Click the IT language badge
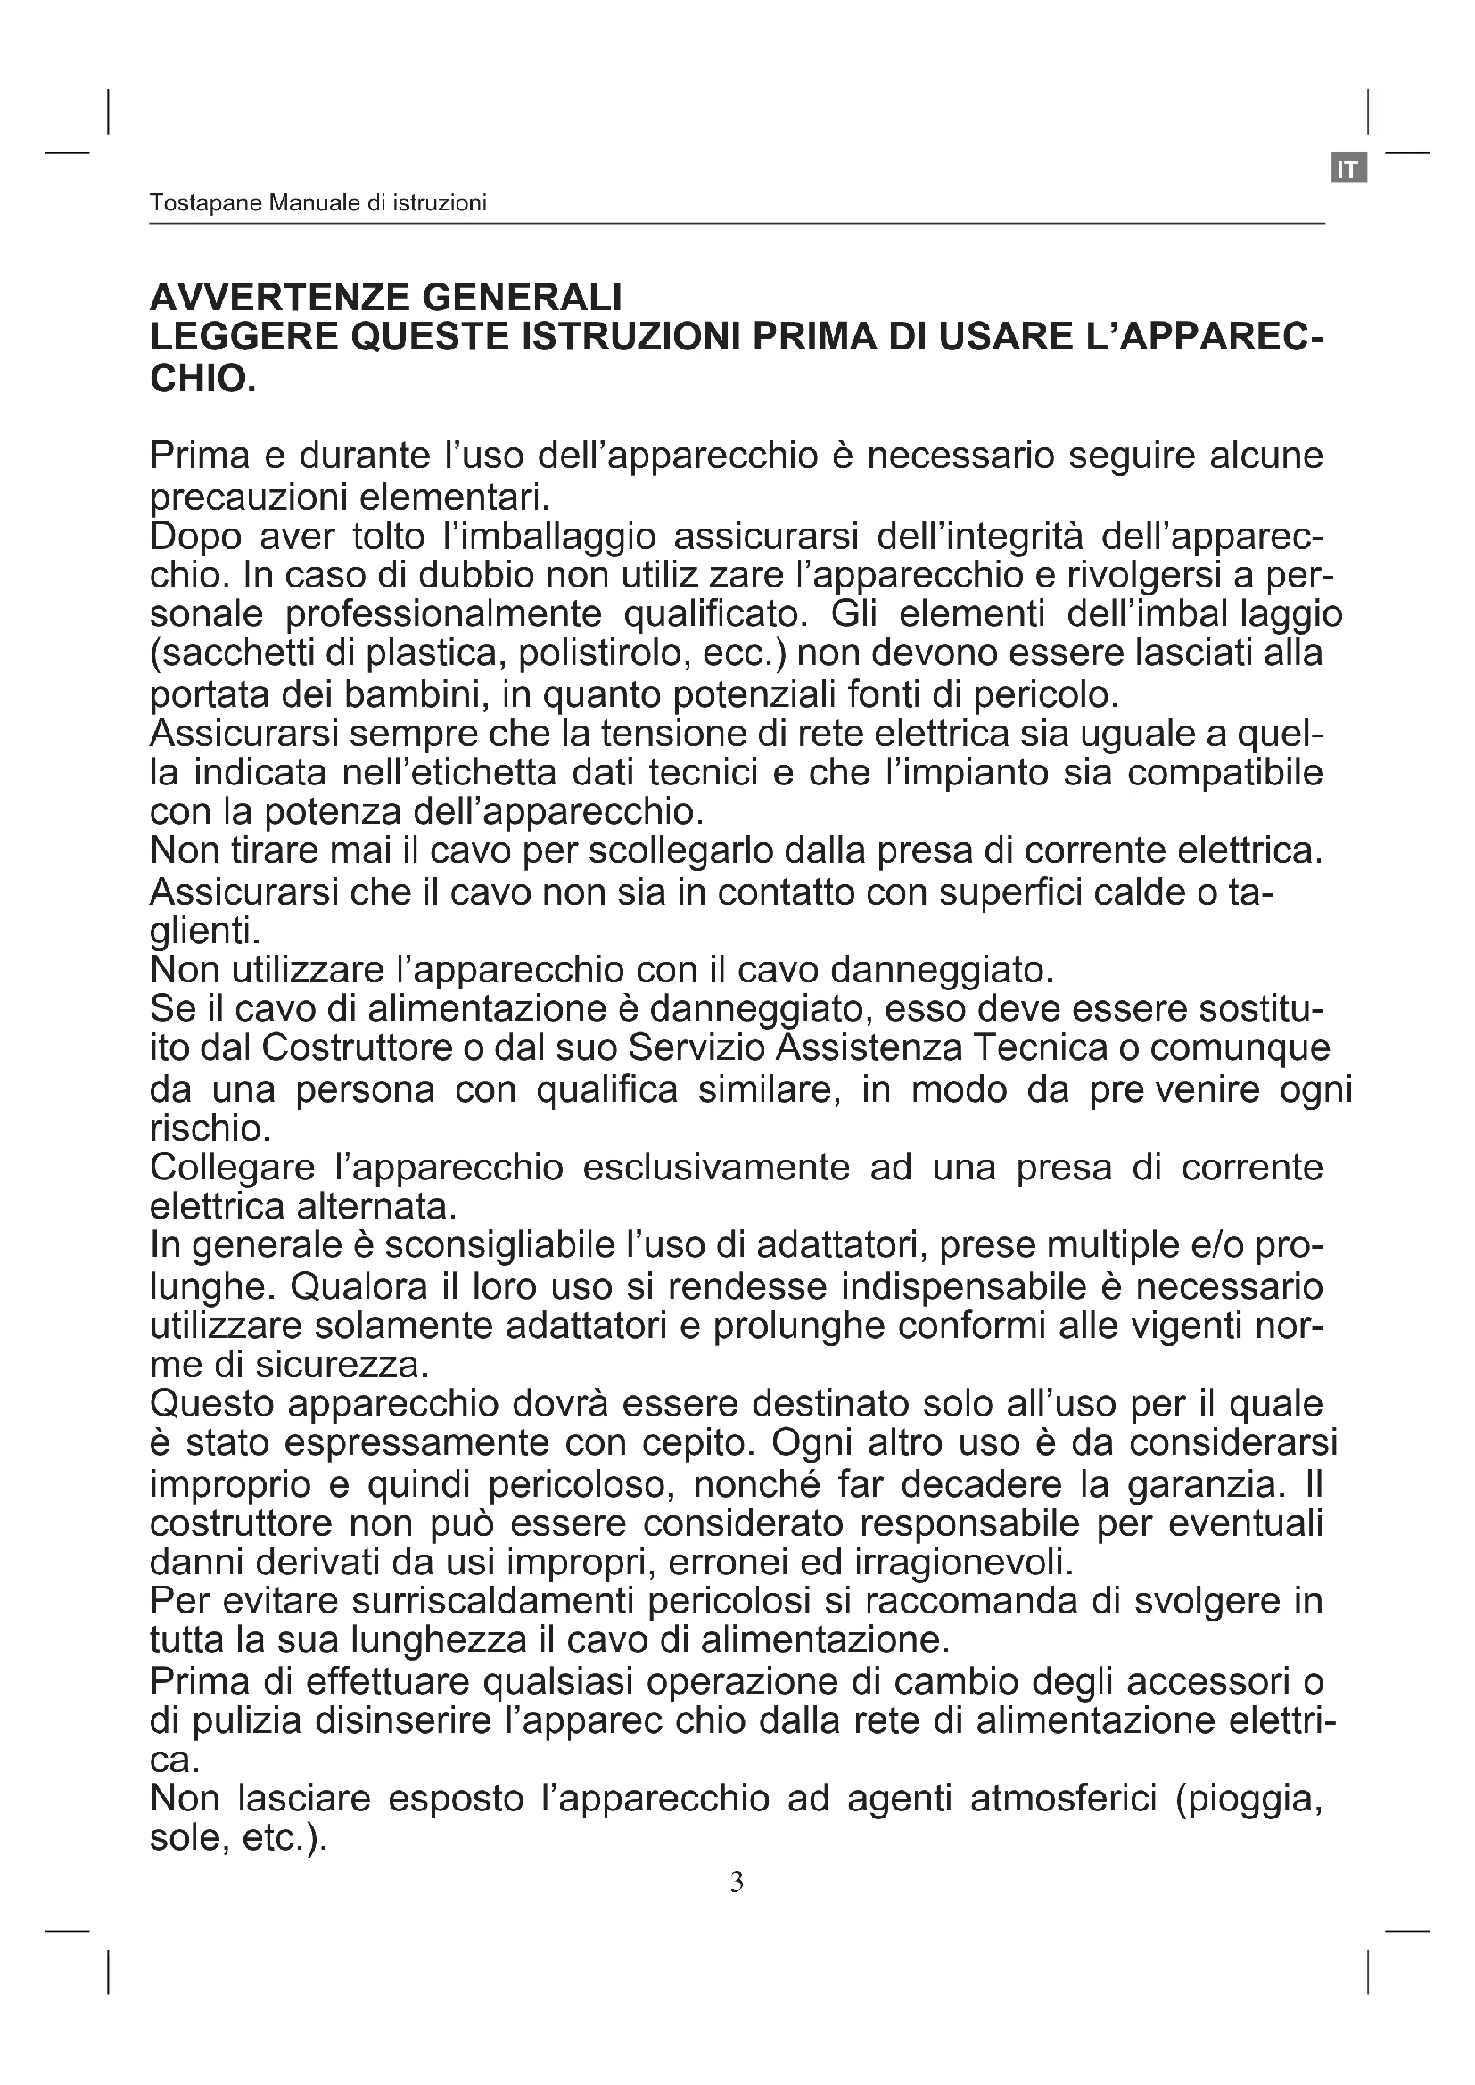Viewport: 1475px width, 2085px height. point(1348,168)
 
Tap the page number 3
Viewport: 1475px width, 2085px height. point(737,1883)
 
